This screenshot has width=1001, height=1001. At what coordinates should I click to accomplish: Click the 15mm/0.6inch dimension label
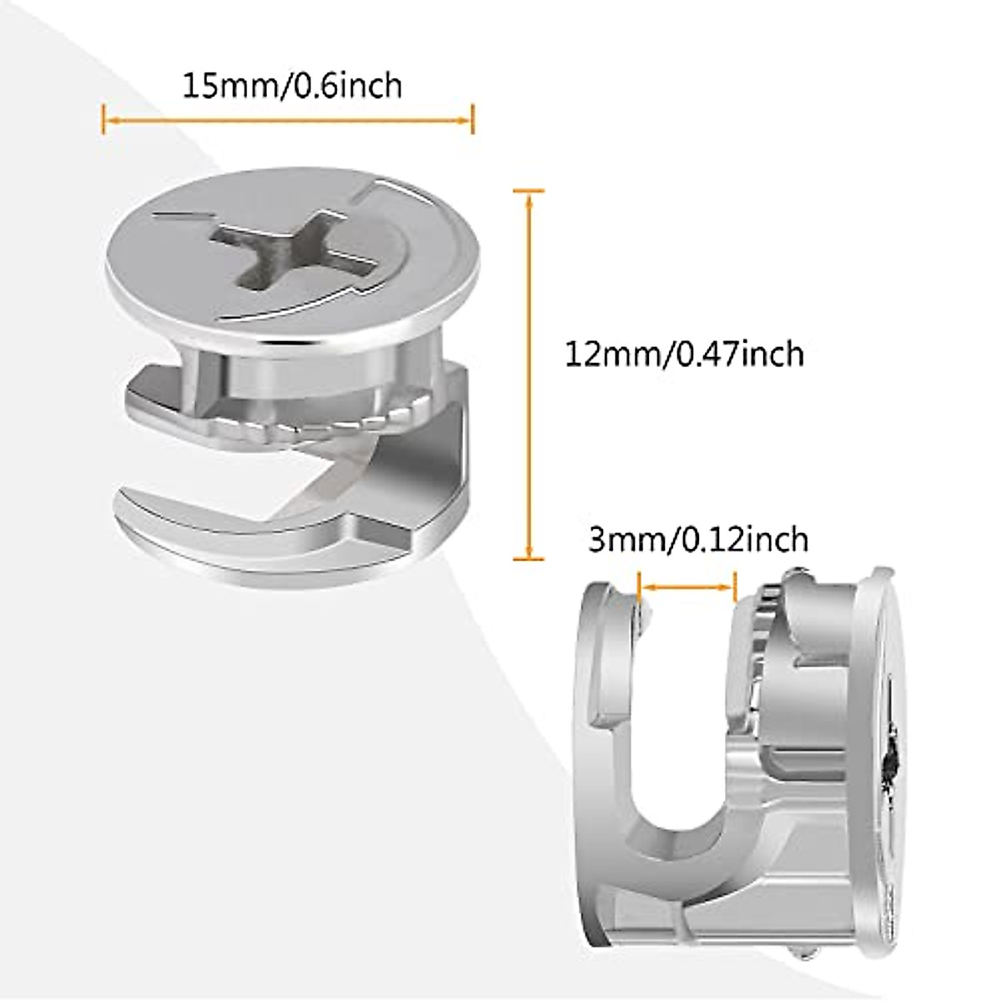(x=292, y=86)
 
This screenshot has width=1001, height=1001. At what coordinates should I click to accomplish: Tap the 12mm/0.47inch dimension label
(x=684, y=354)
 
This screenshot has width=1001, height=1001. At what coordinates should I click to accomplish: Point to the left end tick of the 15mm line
(x=103, y=119)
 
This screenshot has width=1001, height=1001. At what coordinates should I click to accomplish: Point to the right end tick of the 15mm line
(x=472, y=119)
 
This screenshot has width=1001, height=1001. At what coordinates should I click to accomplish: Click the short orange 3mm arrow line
(x=686, y=587)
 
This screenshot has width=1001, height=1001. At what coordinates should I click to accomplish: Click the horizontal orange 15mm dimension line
(x=288, y=120)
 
